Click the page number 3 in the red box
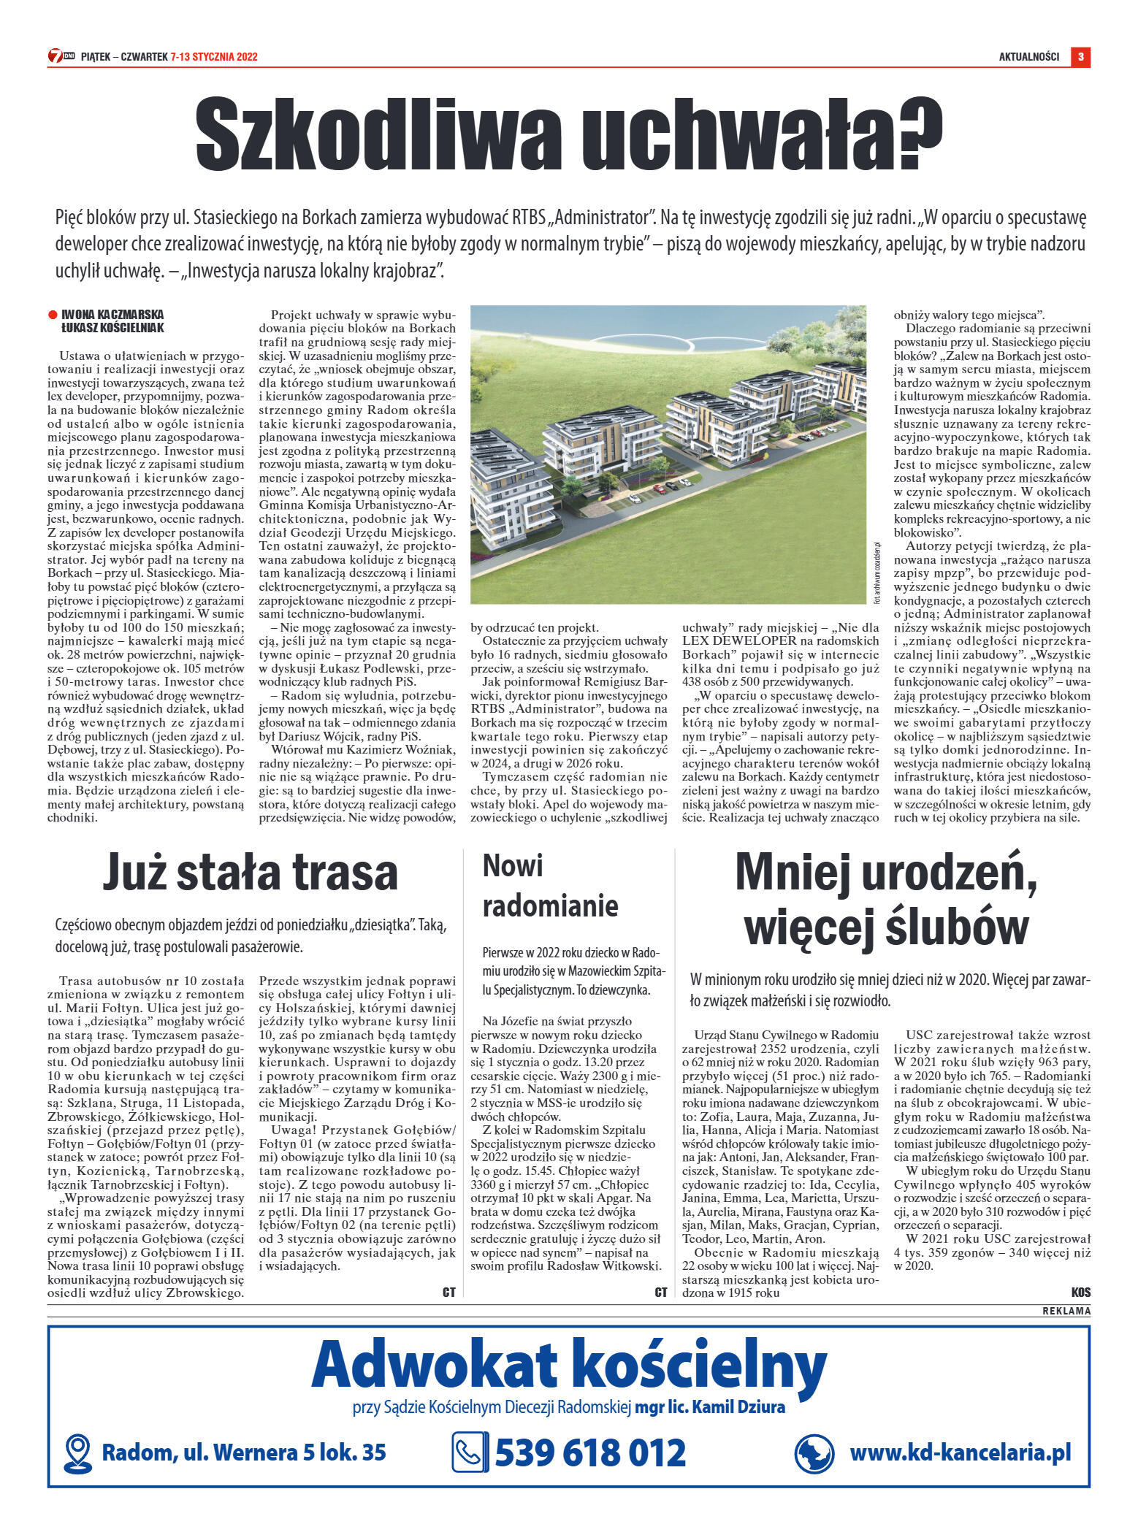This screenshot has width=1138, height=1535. pyautogui.click(x=1080, y=56)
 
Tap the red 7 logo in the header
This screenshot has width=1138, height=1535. pyautogui.click(x=56, y=56)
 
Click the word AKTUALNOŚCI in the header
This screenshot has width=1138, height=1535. pyautogui.click(x=1028, y=57)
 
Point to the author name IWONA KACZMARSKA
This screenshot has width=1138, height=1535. pyautogui.click(x=112, y=315)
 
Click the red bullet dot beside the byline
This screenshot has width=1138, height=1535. pyautogui.click(x=53, y=315)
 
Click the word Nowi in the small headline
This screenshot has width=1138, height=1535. pyautogui.click(x=513, y=866)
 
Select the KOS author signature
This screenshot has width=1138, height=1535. pyautogui.click(x=1080, y=1293)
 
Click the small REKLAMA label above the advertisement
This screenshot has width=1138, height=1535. pyautogui.click(x=1066, y=1311)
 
